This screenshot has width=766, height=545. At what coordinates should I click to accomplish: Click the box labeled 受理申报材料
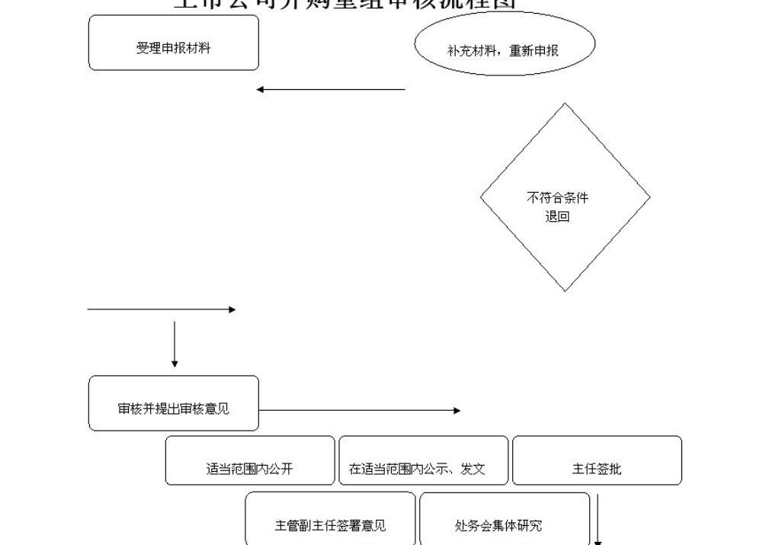(x=174, y=43)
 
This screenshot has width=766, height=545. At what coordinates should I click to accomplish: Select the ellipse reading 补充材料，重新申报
(x=504, y=44)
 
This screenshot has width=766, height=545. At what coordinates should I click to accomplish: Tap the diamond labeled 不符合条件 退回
(x=565, y=197)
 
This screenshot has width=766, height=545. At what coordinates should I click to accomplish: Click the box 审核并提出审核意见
(x=174, y=403)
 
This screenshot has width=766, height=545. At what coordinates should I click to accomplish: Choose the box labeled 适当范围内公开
(x=250, y=461)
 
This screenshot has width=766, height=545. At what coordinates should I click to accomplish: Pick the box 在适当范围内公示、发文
(x=423, y=461)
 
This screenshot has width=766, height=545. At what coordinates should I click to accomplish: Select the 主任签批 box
(x=597, y=461)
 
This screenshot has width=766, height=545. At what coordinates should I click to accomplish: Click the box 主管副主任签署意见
(x=330, y=519)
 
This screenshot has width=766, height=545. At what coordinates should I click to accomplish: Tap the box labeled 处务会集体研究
(x=504, y=519)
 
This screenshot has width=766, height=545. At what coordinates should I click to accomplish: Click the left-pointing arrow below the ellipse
(x=331, y=90)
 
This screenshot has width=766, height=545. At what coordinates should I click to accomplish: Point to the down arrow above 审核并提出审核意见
(x=175, y=345)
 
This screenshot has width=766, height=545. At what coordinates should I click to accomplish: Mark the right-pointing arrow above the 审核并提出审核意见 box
(x=162, y=309)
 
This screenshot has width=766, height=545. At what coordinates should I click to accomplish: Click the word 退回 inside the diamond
(x=557, y=216)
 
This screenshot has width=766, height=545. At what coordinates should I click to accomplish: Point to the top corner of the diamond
(x=565, y=104)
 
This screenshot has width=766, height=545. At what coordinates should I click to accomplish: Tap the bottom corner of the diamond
(x=565, y=290)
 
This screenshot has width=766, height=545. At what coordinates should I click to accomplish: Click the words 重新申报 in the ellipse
(x=534, y=51)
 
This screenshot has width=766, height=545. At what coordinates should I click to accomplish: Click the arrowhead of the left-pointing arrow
(x=260, y=90)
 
